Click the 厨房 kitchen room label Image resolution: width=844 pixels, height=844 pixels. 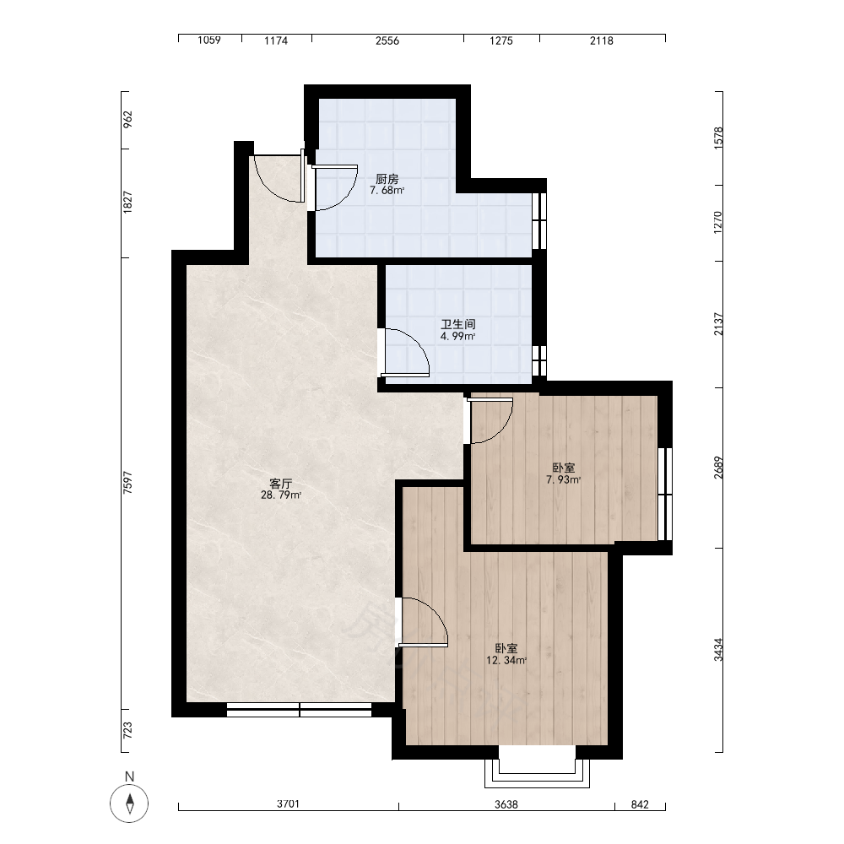[387, 179]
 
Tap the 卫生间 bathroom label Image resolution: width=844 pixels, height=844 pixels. [458, 325]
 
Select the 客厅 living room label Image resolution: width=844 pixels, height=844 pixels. [281, 484]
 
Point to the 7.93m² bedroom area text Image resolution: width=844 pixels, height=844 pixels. [564, 479]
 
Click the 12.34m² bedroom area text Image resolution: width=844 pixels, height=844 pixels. [506, 661]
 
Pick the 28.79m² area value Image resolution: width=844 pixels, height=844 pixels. [281, 495]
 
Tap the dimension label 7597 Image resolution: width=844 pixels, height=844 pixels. [127, 483]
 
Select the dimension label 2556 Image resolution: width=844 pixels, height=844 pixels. [387, 41]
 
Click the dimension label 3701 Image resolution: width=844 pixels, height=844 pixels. [288, 804]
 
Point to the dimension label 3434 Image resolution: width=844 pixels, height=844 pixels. [718, 650]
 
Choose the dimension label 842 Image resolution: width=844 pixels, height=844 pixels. [640, 804]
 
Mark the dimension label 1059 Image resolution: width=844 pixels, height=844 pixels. [209, 41]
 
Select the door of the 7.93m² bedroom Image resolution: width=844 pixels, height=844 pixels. [490, 420]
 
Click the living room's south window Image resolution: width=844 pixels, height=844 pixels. [300, 710]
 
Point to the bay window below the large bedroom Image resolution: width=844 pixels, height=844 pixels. [537, 773]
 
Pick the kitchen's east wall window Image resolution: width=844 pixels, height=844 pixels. [539, 220]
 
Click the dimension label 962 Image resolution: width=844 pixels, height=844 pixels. [127, 120]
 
